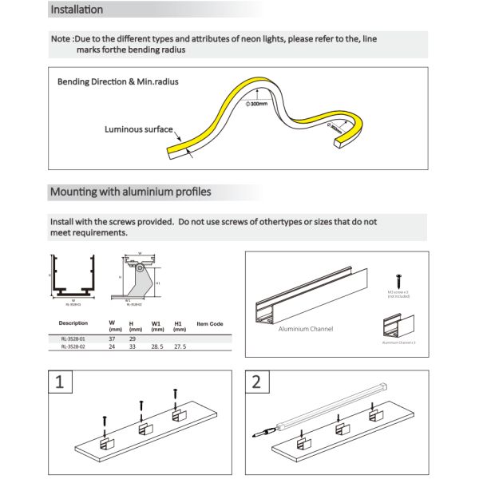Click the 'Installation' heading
click(x=76, y=10)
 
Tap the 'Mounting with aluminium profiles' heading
click(x=130, y=192)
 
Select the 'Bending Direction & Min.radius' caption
click(x=117, y=82)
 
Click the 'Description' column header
click(x=73, y=323)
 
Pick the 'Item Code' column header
click(x=210, y=323)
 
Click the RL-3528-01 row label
click(x=73, y=339)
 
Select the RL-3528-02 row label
click(x=73, y=346)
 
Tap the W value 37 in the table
click(x=112, y=339)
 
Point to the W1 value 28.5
click(x=157, y=346)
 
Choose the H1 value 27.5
click(x=180, y=346)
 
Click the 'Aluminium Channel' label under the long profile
click(x=306, y=328)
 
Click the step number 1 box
click(x=59, y=381)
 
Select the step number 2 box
click(x=255, y=381)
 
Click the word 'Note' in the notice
click(x=61, y=38)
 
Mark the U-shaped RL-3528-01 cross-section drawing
click(x=73, y=276)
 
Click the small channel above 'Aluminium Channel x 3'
click(x=399, y=325)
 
